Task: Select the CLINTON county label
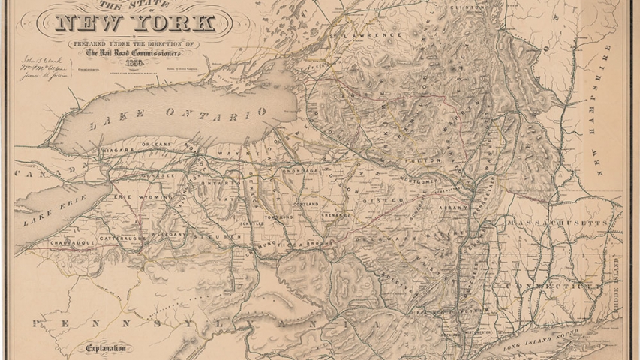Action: pyautogui.click(x=464, y=7)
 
